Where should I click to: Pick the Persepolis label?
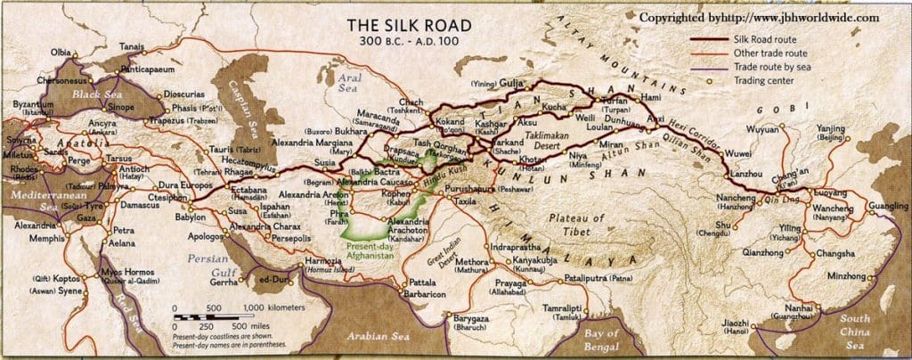(289, 239)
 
